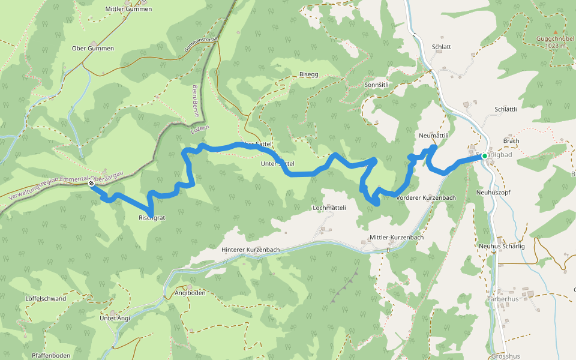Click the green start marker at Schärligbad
[x=485, y=156]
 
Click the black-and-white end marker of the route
[x=91, y=184]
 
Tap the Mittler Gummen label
[x=128, y=9]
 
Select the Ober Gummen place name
[x=92, y=48]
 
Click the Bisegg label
[x=308, y=74]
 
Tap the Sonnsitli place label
[x=377, y=85]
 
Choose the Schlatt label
[x=441, y=47]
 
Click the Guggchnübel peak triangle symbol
[x=555, y=32]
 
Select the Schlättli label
[x=506, y=109]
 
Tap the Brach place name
[x=511, y=141]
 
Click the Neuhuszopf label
[x=492, y=193]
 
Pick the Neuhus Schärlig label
[x=502, y=247]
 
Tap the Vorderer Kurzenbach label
[x=425, y=197]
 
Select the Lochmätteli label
[x=329, y=208]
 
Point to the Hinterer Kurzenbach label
[x=250, y=250]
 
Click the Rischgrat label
[x=151, y=217]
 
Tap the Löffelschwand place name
[x=46, y=298]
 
